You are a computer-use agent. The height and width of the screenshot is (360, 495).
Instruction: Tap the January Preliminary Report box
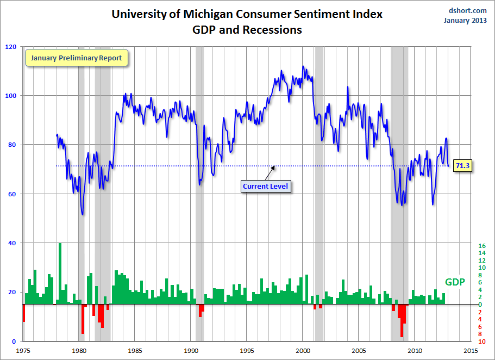click(x=76, y=58)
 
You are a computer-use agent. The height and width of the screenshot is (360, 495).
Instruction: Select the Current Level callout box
click(x=265, y=186)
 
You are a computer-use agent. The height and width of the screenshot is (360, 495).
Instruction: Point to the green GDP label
click(x=454, y=282)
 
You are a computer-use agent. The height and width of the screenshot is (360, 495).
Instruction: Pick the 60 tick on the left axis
click(x=11, y=194)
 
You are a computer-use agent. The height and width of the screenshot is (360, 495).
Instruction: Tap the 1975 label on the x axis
click(x=23, y=351)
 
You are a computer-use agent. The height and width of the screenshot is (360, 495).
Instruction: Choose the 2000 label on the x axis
click(x=303, y=351)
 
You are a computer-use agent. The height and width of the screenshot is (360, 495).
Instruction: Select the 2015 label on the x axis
click(x=471, y=351)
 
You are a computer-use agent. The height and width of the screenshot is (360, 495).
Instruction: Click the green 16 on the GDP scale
click(x=481, y=246)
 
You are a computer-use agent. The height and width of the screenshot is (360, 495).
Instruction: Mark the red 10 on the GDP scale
click(x=481, y=341)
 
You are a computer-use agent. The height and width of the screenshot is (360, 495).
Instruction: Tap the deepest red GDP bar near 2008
click(x=402, y=321)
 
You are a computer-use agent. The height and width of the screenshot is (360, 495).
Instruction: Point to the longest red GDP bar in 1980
click(x=83, y=319)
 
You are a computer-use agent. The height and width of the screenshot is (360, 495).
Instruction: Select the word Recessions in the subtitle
click(x=269, y=30)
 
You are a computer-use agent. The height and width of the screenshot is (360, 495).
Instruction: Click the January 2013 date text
click(x=466, y=21)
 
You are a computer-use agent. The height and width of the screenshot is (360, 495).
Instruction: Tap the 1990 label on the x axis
click(x=191, y=351)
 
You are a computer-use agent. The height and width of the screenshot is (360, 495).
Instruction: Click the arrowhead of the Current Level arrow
click(x=274, y=167)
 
